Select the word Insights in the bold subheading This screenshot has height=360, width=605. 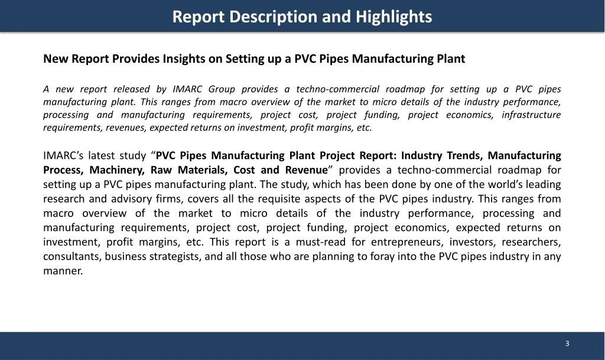point(185,59)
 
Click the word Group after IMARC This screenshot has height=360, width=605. point(219,89)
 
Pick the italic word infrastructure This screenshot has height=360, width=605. point(531,115)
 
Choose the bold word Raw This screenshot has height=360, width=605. point(162,170)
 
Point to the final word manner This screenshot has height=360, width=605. point(63,271)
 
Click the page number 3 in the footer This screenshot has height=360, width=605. point(567,344)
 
